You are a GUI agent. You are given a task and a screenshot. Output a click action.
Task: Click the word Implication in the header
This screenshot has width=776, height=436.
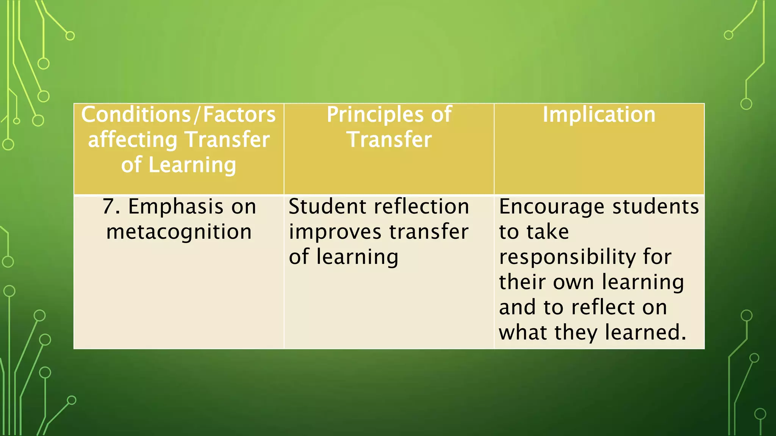(599, 114)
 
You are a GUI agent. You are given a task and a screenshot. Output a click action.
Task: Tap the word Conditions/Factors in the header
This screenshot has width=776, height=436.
(178, 114)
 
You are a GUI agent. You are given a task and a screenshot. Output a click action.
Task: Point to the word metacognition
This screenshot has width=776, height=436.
(179, 232)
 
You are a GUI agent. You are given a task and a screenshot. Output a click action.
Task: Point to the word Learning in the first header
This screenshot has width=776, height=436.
(192, 165)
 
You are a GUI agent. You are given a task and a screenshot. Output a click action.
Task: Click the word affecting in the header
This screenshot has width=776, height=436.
(133, 140)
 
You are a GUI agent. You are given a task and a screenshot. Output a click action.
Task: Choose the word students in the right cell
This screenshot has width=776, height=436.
(656, 207)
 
